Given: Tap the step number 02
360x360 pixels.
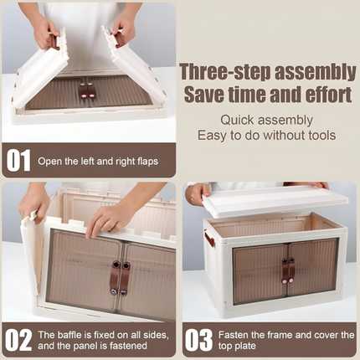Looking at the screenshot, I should click(19, 340).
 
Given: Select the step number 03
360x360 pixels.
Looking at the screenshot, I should click(199, 340).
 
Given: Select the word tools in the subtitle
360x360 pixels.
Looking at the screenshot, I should click(318, 135).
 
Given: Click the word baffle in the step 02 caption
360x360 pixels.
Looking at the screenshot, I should click(74, 334).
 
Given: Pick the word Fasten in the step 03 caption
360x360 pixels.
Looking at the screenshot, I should click(236, 334).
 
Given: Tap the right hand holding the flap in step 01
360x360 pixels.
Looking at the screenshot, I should click(125, 29).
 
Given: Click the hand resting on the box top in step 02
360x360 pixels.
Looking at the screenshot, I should click(109, 219).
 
